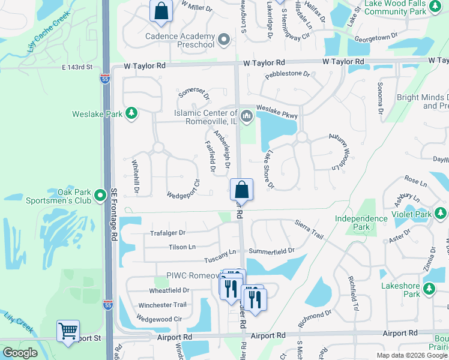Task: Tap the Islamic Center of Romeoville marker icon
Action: point(246,115)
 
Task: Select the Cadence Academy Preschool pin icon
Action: point(224,40)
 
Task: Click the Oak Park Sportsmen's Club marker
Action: point(100,196)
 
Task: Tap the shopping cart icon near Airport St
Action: point(68,331)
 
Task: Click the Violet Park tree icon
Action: point(441,213)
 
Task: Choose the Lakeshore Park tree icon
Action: point(429,290)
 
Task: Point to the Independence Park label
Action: point(361,223)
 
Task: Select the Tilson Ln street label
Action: point(182,247)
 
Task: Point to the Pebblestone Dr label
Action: point(287,74)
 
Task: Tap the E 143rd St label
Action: point(76,67)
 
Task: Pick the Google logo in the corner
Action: point(20,353)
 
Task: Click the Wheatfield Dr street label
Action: point(169,290)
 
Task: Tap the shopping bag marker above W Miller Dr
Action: point(161,11)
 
